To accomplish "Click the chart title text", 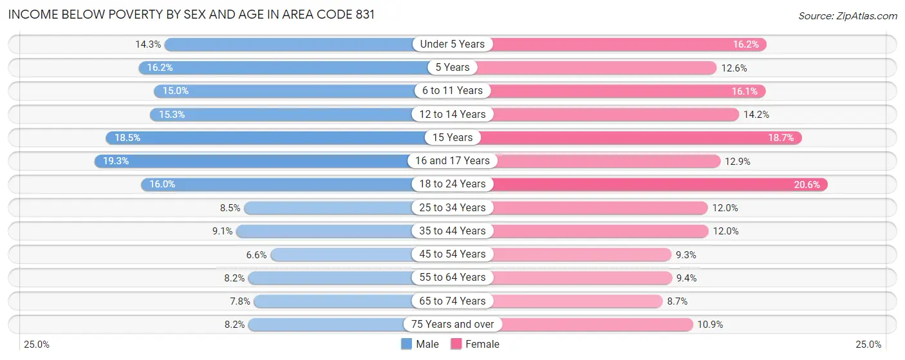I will point(191,14).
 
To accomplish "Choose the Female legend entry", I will point(475,344).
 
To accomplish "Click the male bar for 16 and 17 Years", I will point(257,161).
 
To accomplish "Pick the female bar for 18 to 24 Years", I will point(657,184).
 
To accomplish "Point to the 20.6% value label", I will point(807,184).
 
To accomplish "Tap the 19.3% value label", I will point(116,161).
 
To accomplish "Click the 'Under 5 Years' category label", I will point(452,44).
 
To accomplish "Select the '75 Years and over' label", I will point(452,325).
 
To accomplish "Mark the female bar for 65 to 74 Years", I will point(576,301).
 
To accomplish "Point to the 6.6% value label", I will point(256,254).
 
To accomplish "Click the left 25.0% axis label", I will point(37,345).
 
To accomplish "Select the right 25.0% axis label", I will point(867,345).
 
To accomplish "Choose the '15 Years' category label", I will point(452,137).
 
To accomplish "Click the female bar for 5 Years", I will point(595,68).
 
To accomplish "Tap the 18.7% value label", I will point(781,137).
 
